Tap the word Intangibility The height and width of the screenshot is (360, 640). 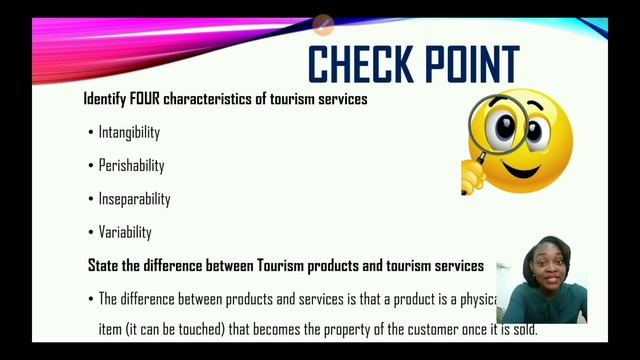(129, 132)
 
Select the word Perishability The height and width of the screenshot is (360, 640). (131, 165)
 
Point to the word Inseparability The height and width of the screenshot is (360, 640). (134, 198)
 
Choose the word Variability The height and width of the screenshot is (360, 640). (125, 231)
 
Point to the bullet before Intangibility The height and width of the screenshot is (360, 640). (89, 132)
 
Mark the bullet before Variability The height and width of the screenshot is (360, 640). (89, 231)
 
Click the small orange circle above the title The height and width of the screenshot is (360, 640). (323, 23)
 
